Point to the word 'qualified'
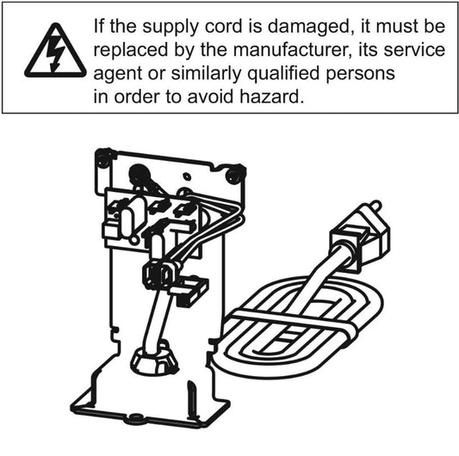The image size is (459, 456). pyautogui.click(x=283, y=74)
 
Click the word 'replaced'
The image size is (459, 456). pyautogui.click(x=131, y=51)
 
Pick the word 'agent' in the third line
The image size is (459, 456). pyautogui.click(x=117, y=74)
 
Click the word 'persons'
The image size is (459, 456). pyautogui.click(x=360, y=74)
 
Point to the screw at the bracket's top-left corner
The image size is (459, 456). pyautogui.click(x=103, y=158)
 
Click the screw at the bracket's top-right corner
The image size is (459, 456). pyautogui.click(x=235, y=174)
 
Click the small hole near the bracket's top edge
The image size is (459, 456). pyautogui.click(x=186, y=176)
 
